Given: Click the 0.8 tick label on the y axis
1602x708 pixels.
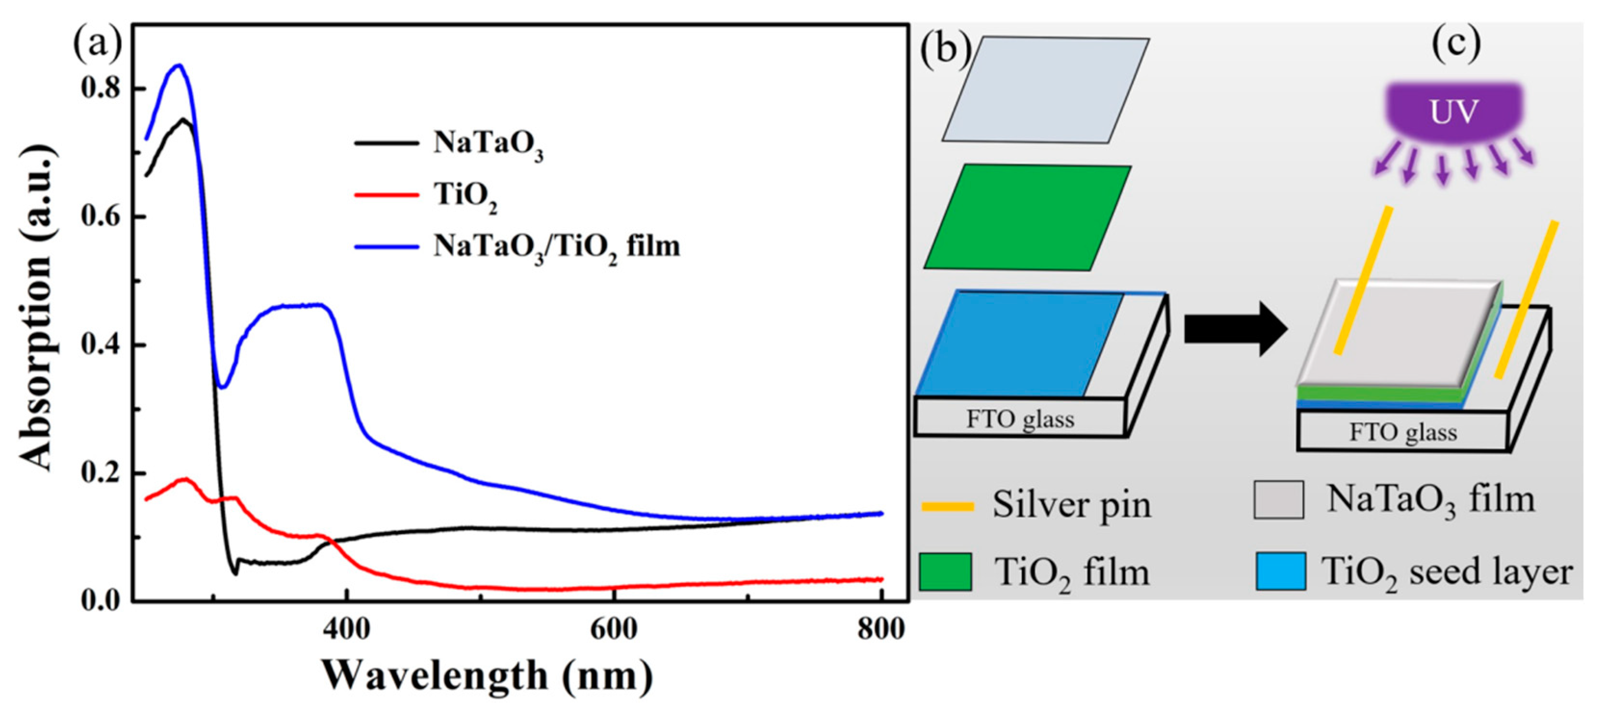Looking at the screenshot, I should pyautogui.click(x=100, y=89).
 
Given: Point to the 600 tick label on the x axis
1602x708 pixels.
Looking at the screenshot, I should pyautogui.click(x=614, y=629).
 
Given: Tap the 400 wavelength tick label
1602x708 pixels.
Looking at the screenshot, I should pyautogui.click(x=347, y=629).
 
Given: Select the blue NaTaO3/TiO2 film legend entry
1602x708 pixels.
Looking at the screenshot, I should pyautogui.click(x=556, y=247).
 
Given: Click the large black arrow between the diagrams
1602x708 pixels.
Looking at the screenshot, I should pyautogui.click(x=1234, y=329).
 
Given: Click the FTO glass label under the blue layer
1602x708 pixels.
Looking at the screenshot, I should pyautogui.click(x=1020, y=419).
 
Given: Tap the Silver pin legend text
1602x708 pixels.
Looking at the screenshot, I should pyautogui.click(x=1072, y=505).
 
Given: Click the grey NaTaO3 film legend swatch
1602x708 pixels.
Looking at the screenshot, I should pyautogui.click(x=1279, y=500).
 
